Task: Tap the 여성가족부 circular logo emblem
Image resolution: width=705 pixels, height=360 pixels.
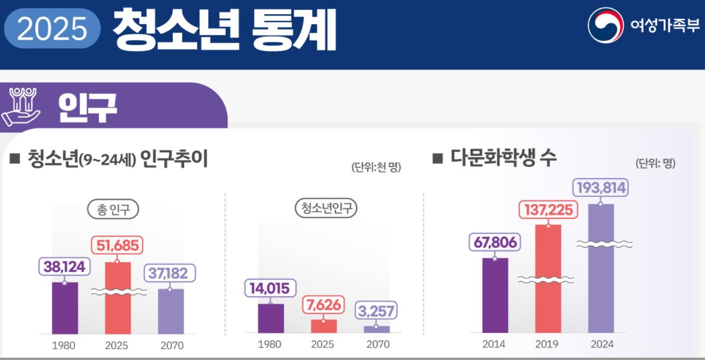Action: tap(606, 25)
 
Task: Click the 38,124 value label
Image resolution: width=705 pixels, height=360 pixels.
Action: tap(64, 267)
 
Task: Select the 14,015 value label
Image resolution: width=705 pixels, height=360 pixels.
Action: tap(270, 288)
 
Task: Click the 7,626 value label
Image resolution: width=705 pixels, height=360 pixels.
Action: tap(324, 306)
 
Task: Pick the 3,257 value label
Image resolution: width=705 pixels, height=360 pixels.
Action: tap(376, 310)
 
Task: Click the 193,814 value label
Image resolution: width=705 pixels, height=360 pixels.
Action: tap(600, 188)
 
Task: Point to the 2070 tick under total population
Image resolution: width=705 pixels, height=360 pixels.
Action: tap(172, 345)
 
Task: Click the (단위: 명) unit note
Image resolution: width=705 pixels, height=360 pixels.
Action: tap(655, 164)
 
